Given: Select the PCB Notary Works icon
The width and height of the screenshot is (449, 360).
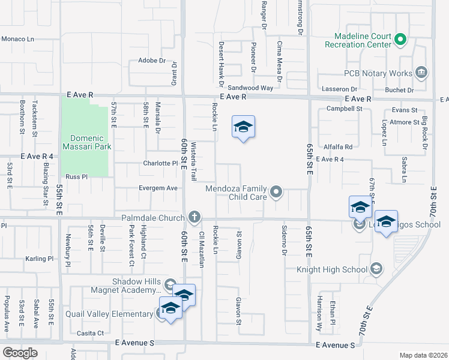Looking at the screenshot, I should coord(421,73).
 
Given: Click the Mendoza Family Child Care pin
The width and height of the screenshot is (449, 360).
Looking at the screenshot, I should coord(276,192).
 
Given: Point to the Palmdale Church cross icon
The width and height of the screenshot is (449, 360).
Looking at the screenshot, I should coord(194,217).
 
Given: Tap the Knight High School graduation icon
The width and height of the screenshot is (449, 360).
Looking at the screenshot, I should coord(376,268).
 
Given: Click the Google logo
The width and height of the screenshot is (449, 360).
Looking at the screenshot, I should coord(19,353).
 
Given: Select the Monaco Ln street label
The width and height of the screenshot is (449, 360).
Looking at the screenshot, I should coord(18,38).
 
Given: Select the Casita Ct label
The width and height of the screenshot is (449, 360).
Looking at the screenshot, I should coord(91,332).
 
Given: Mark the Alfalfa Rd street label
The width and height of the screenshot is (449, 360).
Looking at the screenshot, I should coord(338,146).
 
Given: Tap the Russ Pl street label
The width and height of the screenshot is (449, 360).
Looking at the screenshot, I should coord(77,177).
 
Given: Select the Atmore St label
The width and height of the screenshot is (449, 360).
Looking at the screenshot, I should coord(404,122).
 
